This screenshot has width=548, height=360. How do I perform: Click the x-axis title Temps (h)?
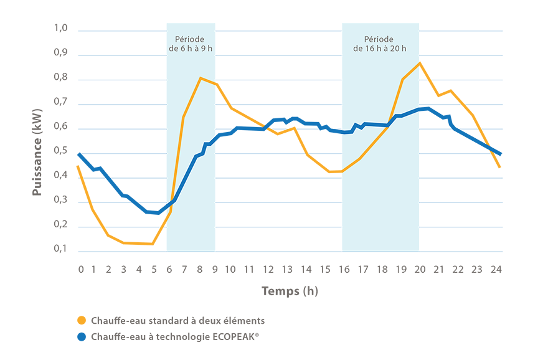click(x=290, y=291)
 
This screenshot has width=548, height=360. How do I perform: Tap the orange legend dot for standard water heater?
click(x=81, y=321)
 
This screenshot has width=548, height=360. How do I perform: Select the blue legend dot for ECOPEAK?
click(x=81, y=337)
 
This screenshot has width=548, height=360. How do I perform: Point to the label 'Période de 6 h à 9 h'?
click(x=191, y=43)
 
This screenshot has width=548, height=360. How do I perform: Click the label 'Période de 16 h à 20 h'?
click(x=380, y=43)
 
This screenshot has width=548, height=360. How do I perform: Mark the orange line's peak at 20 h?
click(x=420, y=63)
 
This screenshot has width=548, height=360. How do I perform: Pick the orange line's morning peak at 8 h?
click(x=200, y=78)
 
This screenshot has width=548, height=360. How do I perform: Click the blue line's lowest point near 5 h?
click(x=158, y=213)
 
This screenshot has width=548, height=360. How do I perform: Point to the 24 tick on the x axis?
click(x=496, y=269)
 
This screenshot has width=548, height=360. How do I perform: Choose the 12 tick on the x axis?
click(x=268, y=269)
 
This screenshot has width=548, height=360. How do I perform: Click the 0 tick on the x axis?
click(x=80, y=269)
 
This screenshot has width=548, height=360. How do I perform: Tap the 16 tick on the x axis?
click(x=344, y=269)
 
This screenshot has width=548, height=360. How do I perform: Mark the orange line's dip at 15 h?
click(x=329, y=171)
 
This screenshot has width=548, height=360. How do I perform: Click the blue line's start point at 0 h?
click(x=79, y=154)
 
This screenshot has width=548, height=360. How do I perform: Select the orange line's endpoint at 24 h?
click(x=499, y=167)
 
